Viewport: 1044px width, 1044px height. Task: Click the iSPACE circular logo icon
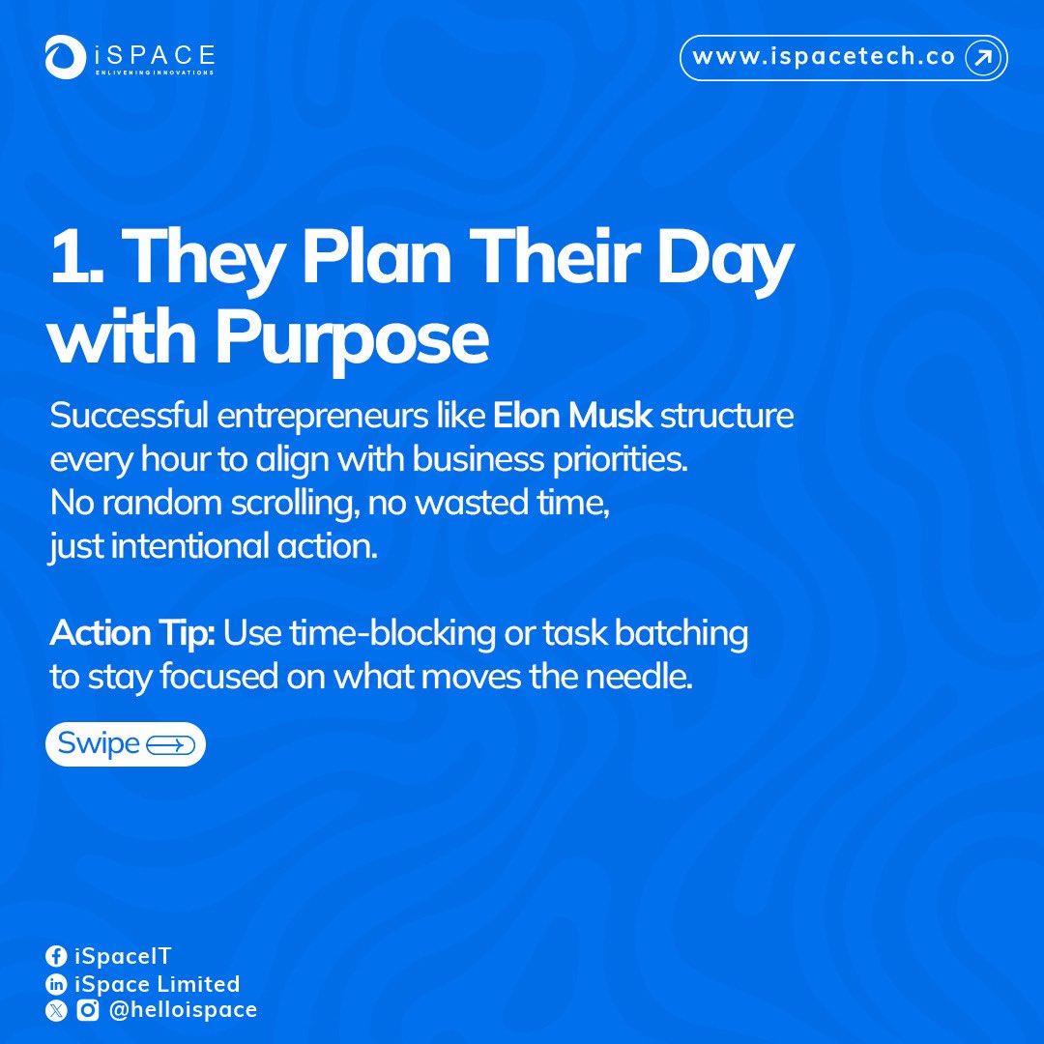coord(66,58)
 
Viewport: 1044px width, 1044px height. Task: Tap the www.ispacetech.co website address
coord(825,57)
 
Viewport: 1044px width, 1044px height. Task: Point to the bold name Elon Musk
coord(573,418)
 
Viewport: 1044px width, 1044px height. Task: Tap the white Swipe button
coord(126,744)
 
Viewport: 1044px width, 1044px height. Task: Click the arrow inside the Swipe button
coord(170,745)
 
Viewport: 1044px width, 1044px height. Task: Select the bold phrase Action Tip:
coord(133,634)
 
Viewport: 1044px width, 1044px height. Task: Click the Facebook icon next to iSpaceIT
coord(57,957)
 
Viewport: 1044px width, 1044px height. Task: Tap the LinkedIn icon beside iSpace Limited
coord(57,984)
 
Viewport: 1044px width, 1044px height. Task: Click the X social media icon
coord(57,1010)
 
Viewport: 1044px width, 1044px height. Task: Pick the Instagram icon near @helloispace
coord(88,1010)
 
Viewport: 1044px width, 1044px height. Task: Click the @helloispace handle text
coord(183,1010)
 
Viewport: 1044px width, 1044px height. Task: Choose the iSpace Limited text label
coord(158,984)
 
